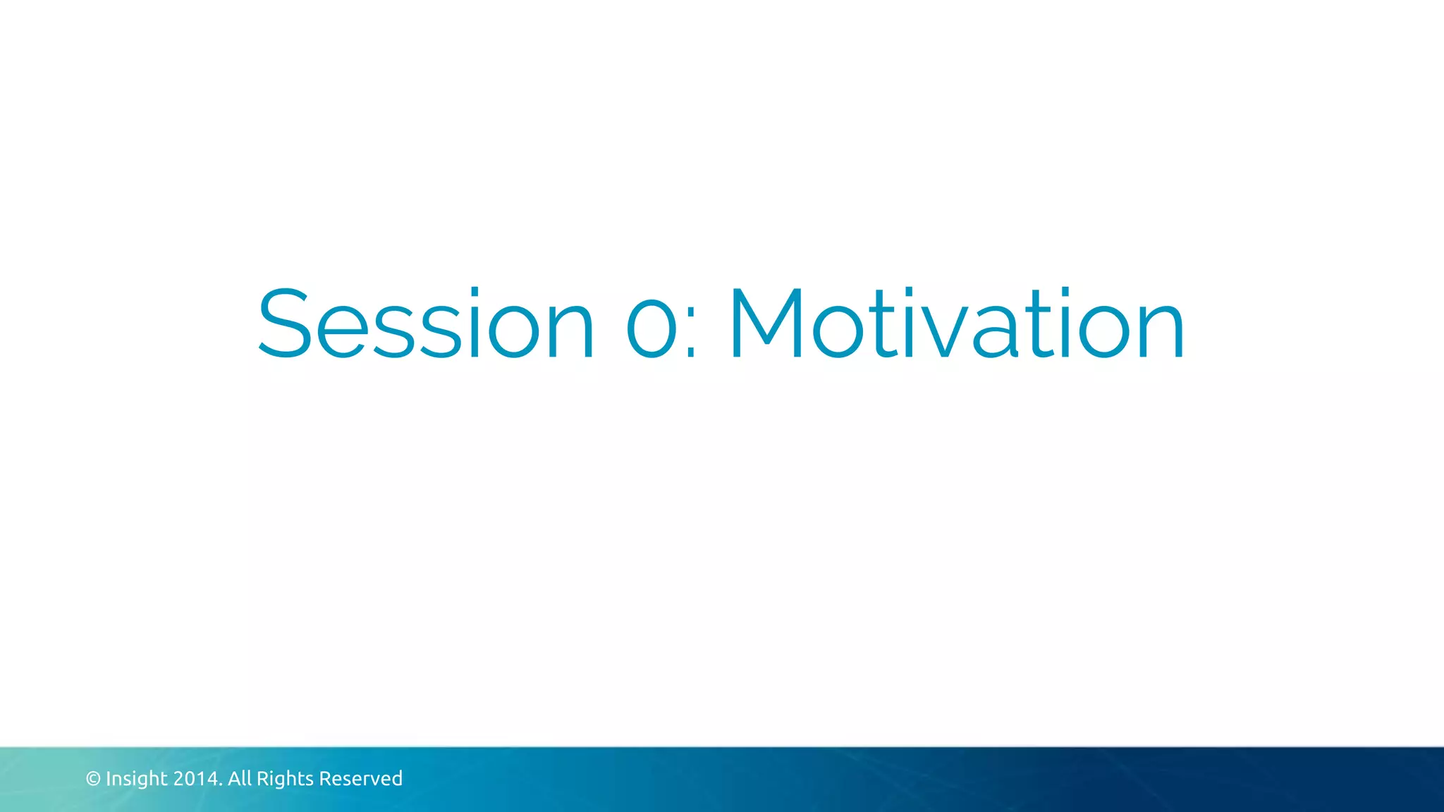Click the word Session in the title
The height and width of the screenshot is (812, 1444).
pyautogui.click(x=426, y=324)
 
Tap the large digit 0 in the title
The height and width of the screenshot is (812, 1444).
pyautogui.click(x=651, y=324)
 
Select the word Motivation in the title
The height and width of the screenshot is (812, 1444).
pyautogui.click(x=957, y=324)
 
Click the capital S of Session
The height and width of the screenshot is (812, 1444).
pyautogui.click(x=284, y=324)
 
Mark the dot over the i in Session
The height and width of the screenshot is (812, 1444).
pyautogui.click(x=475, y=290)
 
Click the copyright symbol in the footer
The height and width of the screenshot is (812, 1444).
pyautogui.click(x=93, y=779)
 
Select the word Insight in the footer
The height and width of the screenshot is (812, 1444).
pyautogui.click(x=137, y=779)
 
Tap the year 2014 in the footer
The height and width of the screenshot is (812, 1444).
pyautogui.click(x=196, y=779)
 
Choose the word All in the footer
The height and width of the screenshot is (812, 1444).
pyautogui.click(x=240, y=779)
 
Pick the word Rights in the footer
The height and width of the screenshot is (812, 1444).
pyautogui.click(x=285, y=779)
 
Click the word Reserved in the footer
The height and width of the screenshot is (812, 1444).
pyautogui.click(x=360, y=779)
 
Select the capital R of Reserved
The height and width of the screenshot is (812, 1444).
pyautogui.click(x=325, y=779)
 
